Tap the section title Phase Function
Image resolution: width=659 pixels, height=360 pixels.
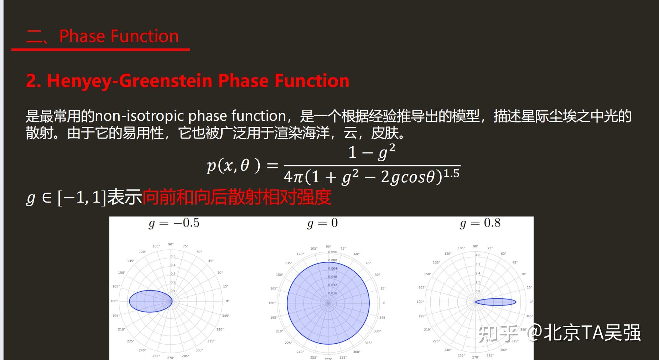point(119,36)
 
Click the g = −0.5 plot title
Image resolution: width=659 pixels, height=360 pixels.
point(174,223)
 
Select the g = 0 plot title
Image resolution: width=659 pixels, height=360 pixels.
point(322,223)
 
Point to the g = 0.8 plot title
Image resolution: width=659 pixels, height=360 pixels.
point(480,223)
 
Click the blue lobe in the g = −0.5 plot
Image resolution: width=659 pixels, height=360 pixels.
point(150,301)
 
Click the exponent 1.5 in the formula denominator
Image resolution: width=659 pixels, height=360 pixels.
point(451,173)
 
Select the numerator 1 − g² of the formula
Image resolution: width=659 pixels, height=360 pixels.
point(372,152)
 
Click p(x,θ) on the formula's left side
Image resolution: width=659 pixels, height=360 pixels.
point(233,166)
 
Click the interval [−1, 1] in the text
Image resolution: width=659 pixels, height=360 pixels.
point(82,197)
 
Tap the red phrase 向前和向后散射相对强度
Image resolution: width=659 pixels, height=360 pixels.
point(237,197)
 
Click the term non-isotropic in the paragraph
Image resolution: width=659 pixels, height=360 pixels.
point(139,116)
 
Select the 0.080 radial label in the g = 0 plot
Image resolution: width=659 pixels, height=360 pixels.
point(332,260)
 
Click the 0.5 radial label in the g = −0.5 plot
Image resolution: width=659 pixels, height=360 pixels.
point(173,256)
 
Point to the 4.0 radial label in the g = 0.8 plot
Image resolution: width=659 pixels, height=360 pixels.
point(478,255)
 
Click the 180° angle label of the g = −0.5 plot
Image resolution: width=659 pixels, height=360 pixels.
point(114,301)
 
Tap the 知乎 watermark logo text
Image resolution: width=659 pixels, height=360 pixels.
point(498,333)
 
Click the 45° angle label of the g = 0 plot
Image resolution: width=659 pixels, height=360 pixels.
point(368,263)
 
